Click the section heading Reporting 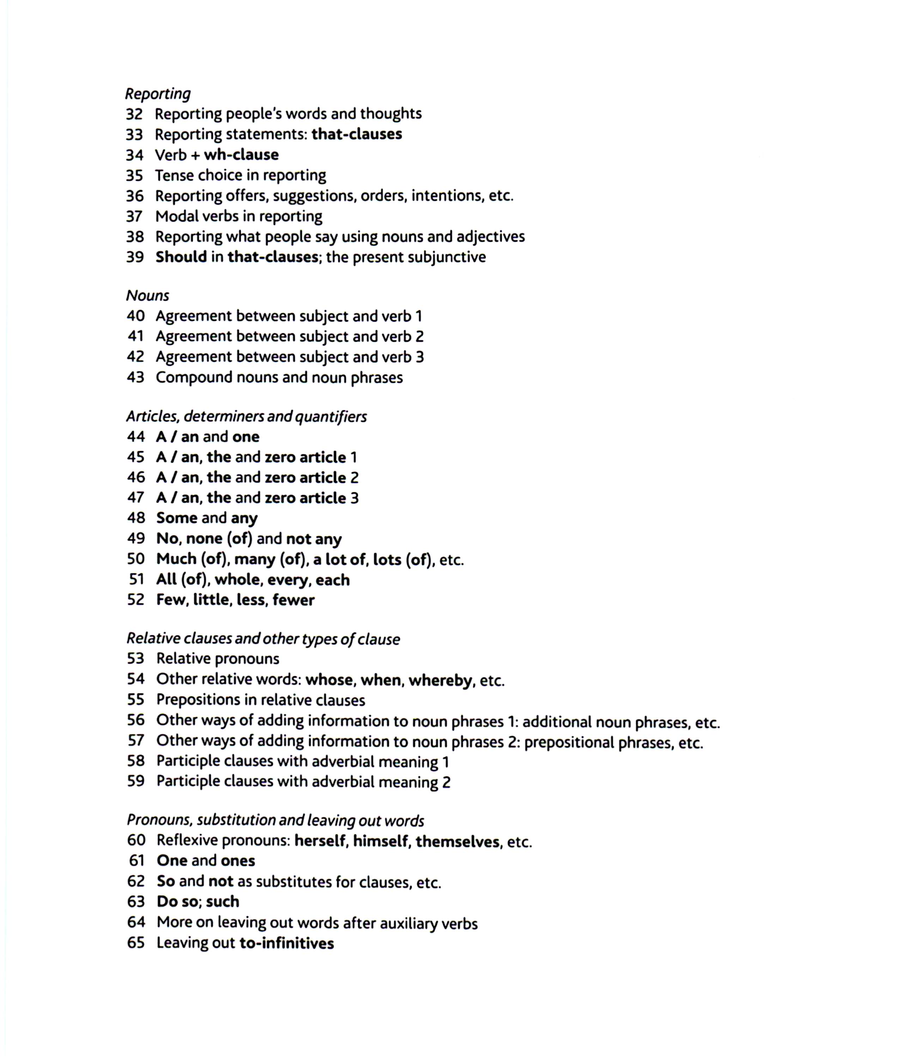coord(158,94)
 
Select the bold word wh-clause coord(241,155)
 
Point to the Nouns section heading coord(147,296)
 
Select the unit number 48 coord(136,518)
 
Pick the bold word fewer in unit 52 coord(293,600)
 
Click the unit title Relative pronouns coord(218,659)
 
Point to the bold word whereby coord(440,680)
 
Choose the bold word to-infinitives coord(287,943)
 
